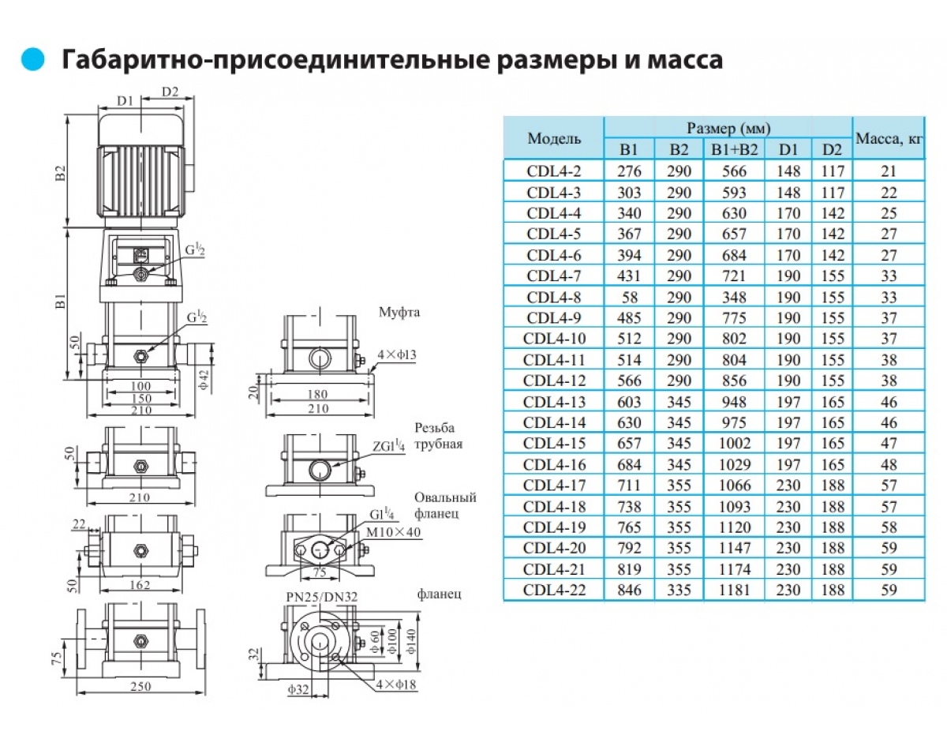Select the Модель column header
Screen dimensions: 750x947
(554, 139)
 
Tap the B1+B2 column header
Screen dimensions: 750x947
(734, 150)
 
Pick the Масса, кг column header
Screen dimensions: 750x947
(889, 139)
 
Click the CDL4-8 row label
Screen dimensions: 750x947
(553, 297)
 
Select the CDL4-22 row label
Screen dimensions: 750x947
(553, 590)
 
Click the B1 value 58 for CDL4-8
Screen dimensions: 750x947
(629, 297)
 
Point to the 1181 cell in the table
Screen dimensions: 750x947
(734, 590)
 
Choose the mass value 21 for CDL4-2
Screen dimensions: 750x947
(889, 171)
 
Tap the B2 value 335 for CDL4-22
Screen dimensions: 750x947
(679, 590)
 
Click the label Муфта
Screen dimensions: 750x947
(400, 313)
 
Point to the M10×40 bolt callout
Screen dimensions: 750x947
(391, 533)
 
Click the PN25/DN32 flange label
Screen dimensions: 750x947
(321, 598)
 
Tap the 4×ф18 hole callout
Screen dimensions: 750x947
(397, 684)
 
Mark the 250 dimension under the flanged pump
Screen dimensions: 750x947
(140, 687)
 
